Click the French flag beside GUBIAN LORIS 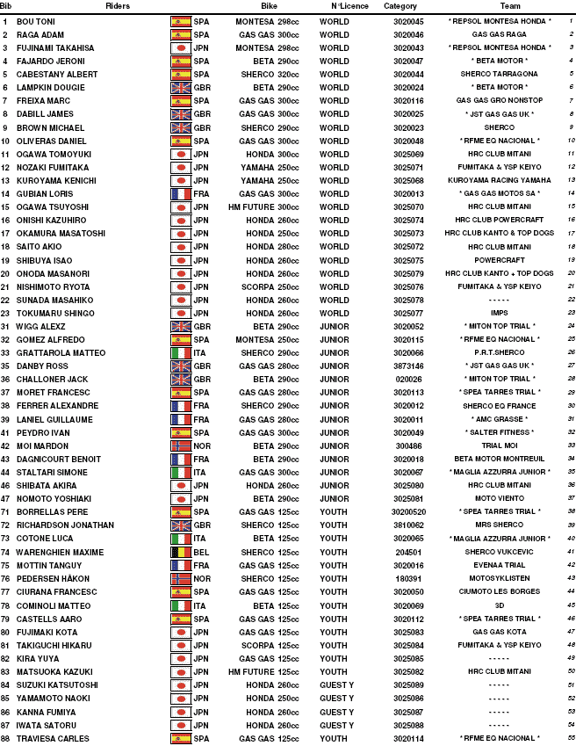coord(181,192)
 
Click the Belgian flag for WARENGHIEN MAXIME coord(181,552)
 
